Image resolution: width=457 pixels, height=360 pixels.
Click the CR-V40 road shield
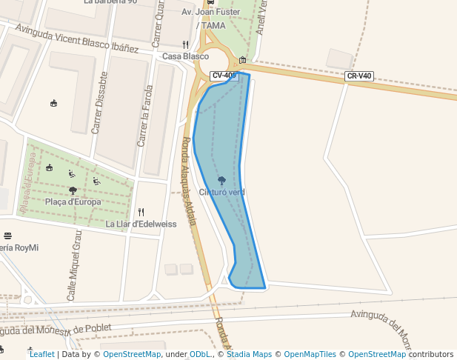[359, 76]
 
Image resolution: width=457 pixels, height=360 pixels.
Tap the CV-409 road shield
[224, 76]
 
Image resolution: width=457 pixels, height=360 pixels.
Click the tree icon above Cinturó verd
[221, 180]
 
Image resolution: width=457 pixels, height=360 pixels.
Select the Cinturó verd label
[221, 193]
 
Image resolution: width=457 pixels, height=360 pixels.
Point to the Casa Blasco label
[185, 56]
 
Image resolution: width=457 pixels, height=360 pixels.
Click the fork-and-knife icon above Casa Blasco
[185, 44]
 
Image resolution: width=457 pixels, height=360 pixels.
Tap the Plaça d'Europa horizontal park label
[72, 201]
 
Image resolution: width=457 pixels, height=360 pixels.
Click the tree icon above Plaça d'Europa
[73, 190]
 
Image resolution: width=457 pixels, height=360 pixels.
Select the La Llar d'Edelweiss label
[141, 224]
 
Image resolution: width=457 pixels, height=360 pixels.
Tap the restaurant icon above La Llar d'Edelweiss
[141, 212]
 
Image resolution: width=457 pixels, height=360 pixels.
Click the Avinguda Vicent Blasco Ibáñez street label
[77, 39]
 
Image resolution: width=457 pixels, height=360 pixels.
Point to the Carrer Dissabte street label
[99, 103]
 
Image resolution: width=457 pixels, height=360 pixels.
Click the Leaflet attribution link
[41, 354]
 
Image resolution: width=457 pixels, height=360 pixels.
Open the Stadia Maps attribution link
[249, 354]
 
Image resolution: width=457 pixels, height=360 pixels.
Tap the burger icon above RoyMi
[7, 236]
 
